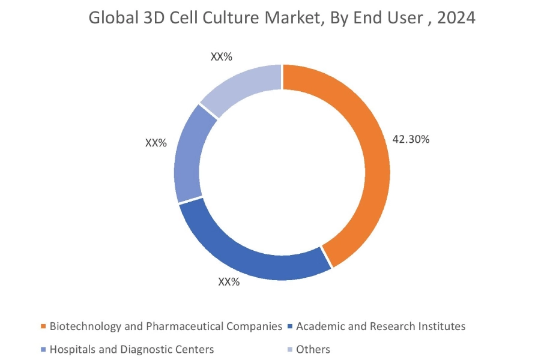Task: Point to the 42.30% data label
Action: coord(411,139)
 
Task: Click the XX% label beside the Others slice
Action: coord(221,57)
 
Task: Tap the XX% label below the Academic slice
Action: coord(228,281)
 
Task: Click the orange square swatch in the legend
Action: coord(43,327)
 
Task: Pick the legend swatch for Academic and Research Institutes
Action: coord(290,327)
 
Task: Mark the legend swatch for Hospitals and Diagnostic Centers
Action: coord(43,349)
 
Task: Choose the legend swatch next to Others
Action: coord(290,349)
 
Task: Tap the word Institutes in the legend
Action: coord(444,327)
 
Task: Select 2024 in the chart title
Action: coord(456,18)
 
